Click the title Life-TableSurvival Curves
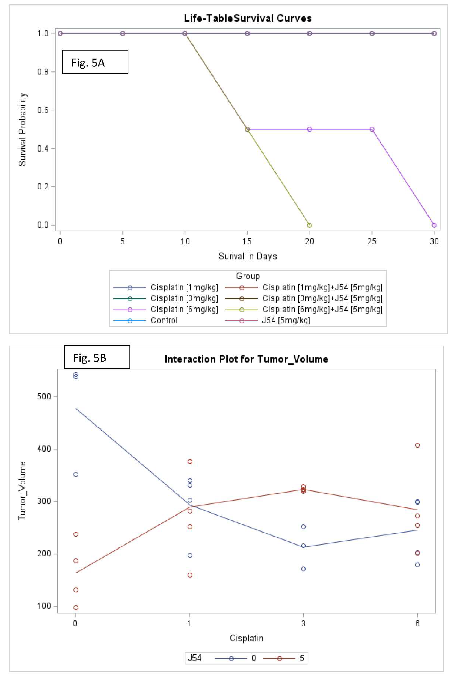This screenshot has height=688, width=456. [248, 18]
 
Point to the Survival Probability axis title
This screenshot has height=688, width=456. [22, 129]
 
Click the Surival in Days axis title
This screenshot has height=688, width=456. [247, 256]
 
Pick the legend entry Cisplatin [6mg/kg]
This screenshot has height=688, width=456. [184, 309]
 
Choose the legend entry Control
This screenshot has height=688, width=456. [164, 320]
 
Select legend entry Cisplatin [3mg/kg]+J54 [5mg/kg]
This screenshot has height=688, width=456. [322, 298]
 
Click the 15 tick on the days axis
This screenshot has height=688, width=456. [247, 241]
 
